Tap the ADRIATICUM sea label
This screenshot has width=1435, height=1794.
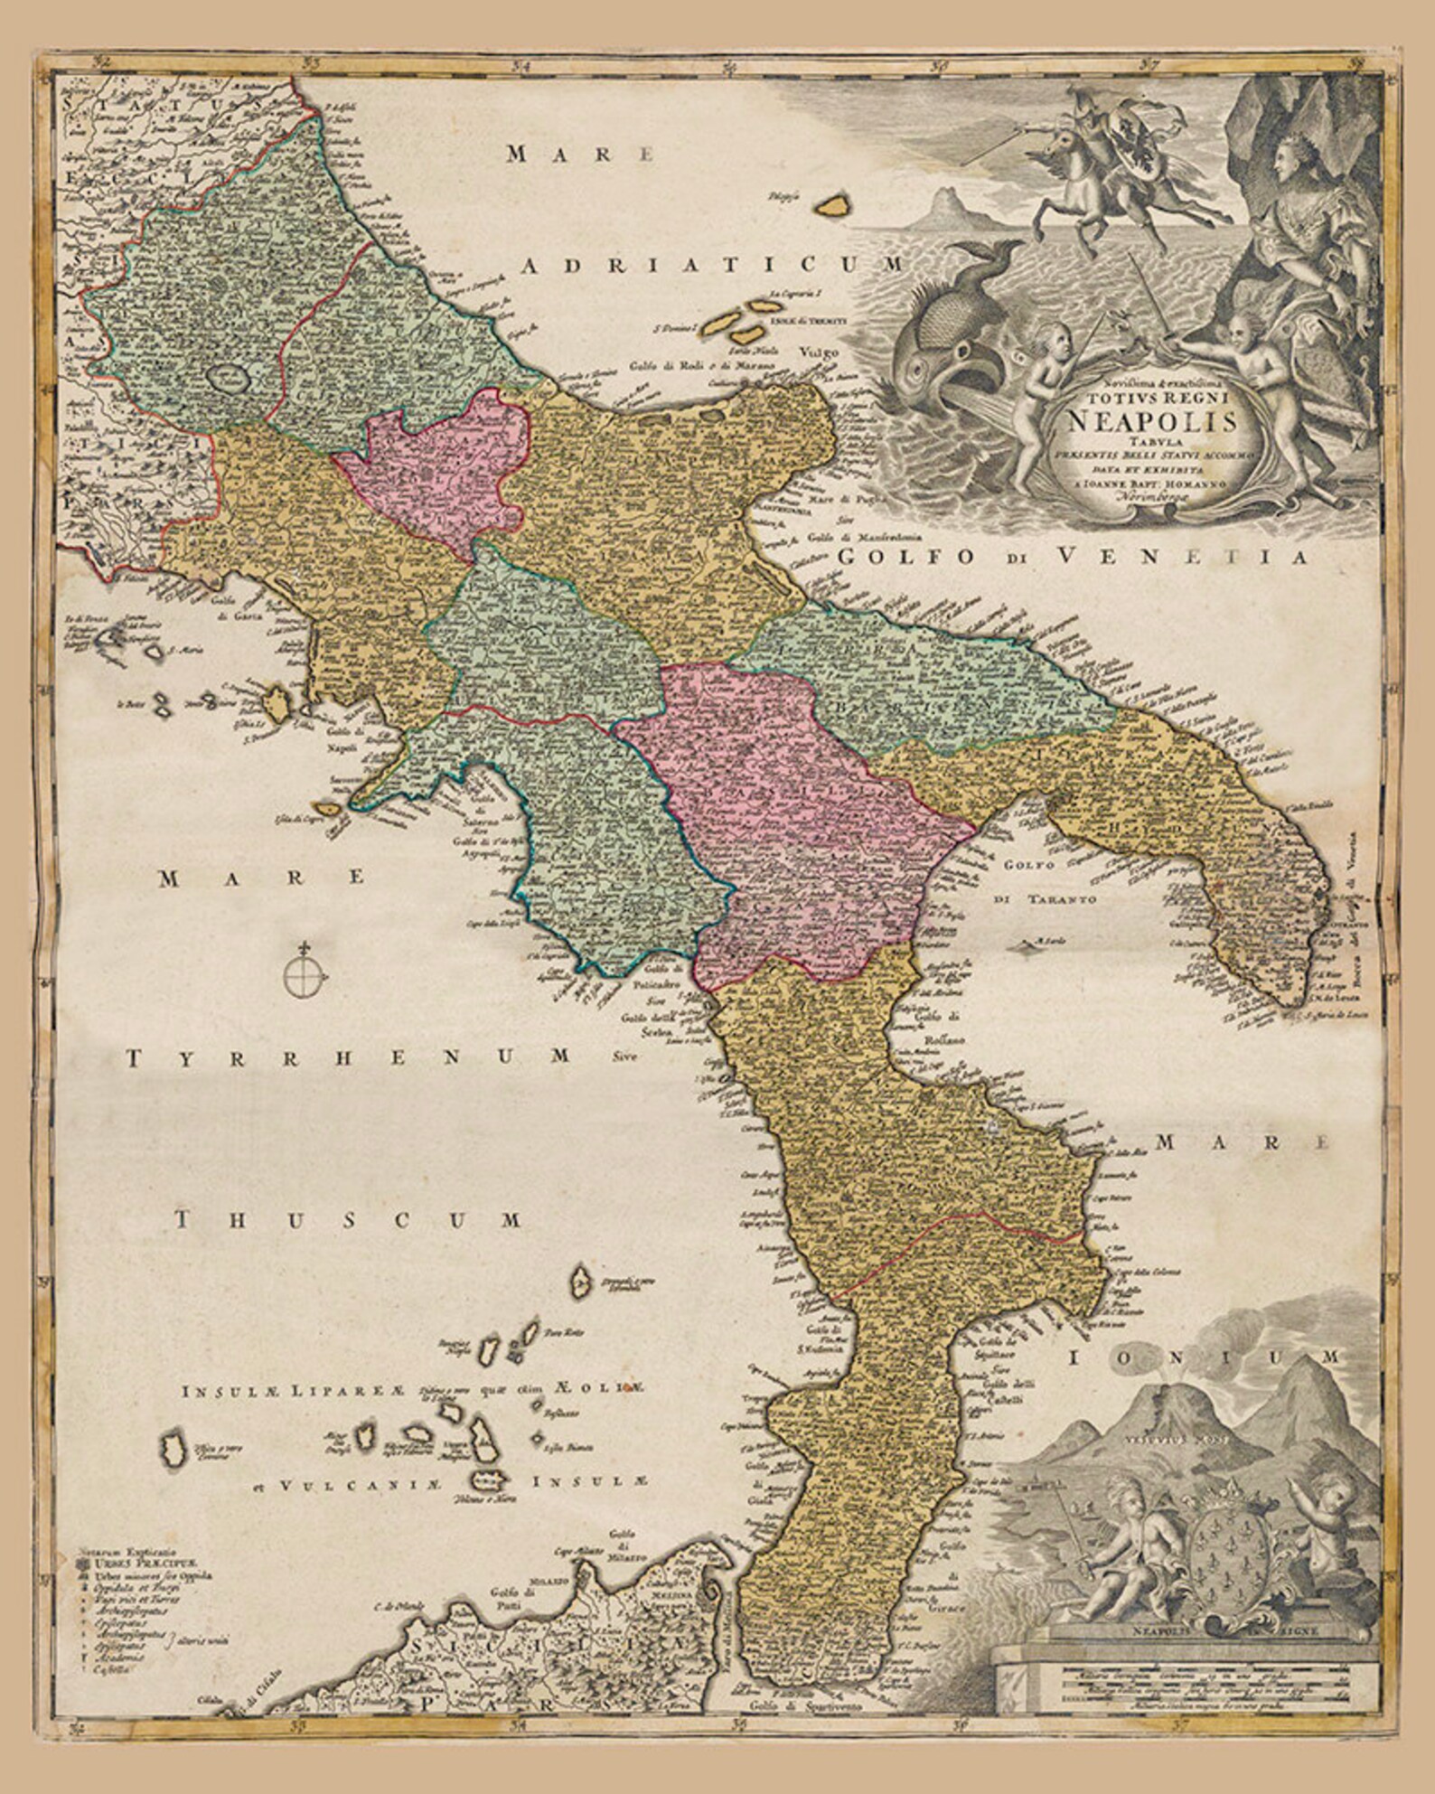714,264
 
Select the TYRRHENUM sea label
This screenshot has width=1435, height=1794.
348,1057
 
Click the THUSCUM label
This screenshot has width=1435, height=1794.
348,1219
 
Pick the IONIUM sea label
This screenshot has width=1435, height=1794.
1205,1358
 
